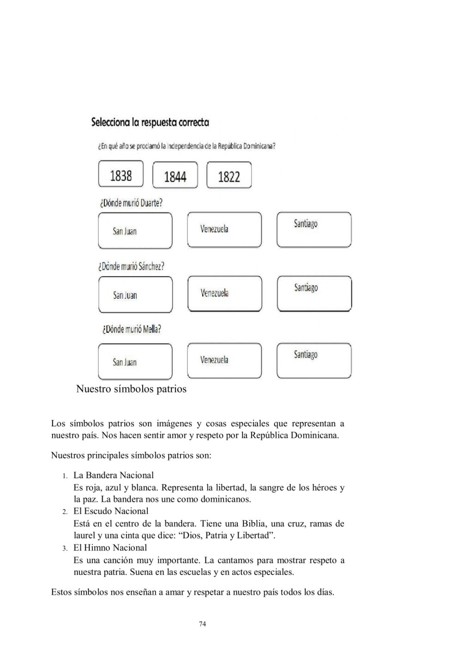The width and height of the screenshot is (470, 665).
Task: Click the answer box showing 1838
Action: point(121,174)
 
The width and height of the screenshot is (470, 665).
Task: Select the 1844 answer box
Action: point(175,175)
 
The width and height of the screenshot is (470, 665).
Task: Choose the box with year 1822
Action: point(229,175)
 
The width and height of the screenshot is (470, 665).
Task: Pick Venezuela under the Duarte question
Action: point(224,230)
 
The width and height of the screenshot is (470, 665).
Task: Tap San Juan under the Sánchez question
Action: point(135,295)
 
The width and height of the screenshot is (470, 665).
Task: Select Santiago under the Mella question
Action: point(314,361)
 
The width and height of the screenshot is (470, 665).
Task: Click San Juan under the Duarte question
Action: point(135,230)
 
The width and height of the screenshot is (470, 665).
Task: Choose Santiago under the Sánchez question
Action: point(314,294)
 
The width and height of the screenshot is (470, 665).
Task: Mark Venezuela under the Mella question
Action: point(224,361)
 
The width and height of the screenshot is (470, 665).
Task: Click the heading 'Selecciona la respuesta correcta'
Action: point(151,122)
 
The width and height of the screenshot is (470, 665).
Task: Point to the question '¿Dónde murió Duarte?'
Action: point(131,203)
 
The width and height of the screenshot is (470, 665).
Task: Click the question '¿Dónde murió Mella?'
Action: point(131,329)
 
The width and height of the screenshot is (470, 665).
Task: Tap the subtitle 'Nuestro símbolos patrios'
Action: point(131,389)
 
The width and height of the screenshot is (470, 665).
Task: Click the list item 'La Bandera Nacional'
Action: point(114,475)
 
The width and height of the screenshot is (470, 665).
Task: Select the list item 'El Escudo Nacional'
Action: point(111,511)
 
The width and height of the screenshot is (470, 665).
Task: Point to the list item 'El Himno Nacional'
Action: point(110,548)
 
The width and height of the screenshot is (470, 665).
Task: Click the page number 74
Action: point(202,624)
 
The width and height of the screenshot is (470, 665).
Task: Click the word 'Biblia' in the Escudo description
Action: point(253,524)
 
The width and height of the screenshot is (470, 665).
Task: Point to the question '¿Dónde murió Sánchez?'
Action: point(132,266)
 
